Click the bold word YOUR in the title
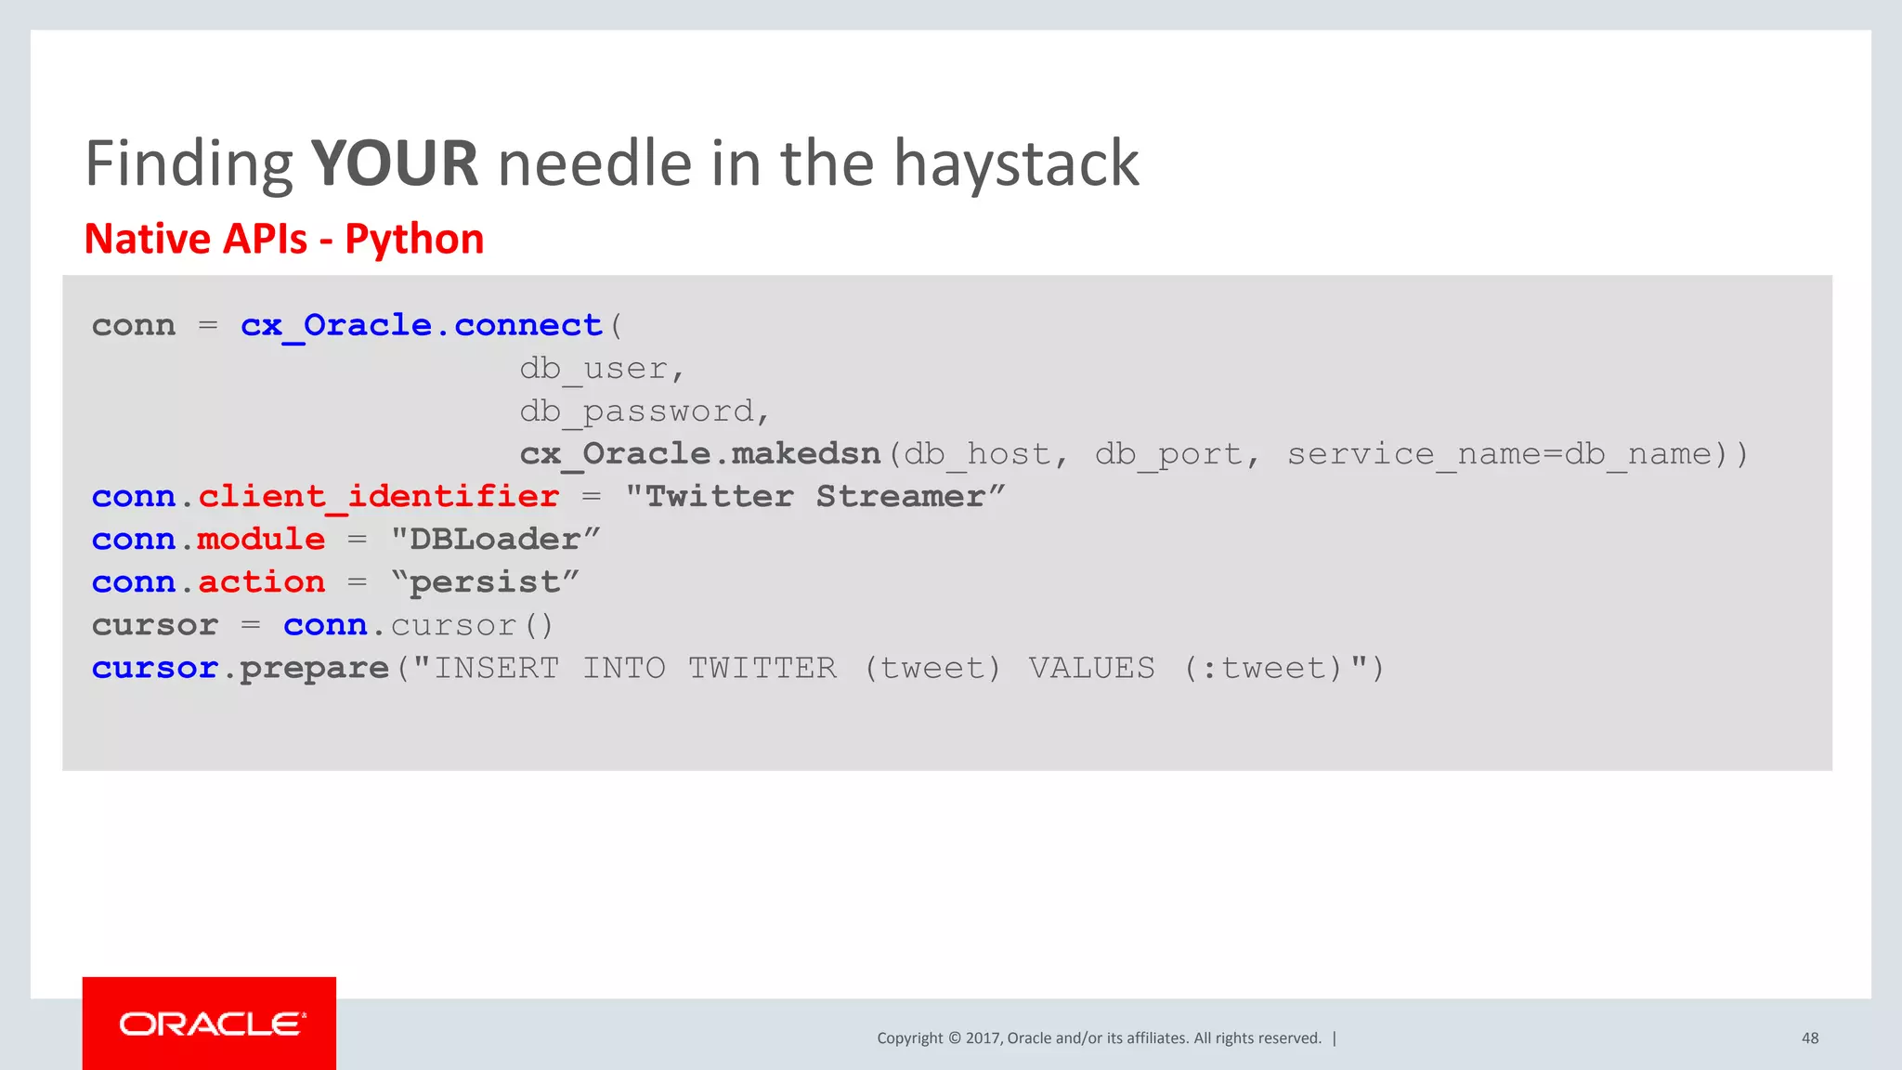[394, 163]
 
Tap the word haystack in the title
[1015, 163]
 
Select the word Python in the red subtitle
[414, 239]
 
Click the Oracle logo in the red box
[211, 1024]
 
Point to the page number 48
[1809, 1038]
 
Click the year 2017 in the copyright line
[982, 1038]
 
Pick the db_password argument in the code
[644, 411]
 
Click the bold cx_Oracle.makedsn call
[699, 454]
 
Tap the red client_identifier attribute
[378, 497]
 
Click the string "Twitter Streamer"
[814, 497]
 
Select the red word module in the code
[261, 540]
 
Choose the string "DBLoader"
[495, 540]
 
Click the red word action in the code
[261, 582]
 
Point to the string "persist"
[485, 582]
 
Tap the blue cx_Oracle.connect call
[421, 326]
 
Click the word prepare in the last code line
[314, 669]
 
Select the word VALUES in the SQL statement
[1091, 669]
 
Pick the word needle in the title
[595, 163]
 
